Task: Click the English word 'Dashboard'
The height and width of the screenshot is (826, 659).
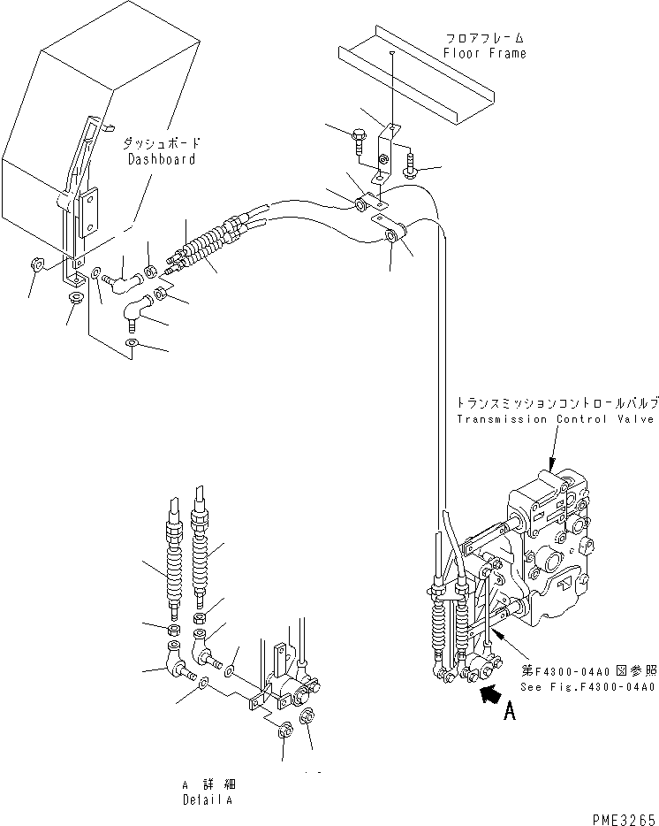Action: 162,159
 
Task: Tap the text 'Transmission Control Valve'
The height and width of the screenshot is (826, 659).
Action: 557,418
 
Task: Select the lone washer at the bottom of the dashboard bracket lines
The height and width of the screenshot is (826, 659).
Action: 131,343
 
